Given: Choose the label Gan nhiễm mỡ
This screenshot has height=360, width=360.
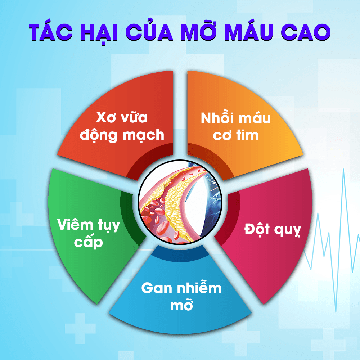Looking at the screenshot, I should click(181, 297).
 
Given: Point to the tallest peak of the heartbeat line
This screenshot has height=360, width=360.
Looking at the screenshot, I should click(344, 169).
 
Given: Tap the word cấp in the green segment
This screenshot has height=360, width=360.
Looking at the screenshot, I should click(89, 242).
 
